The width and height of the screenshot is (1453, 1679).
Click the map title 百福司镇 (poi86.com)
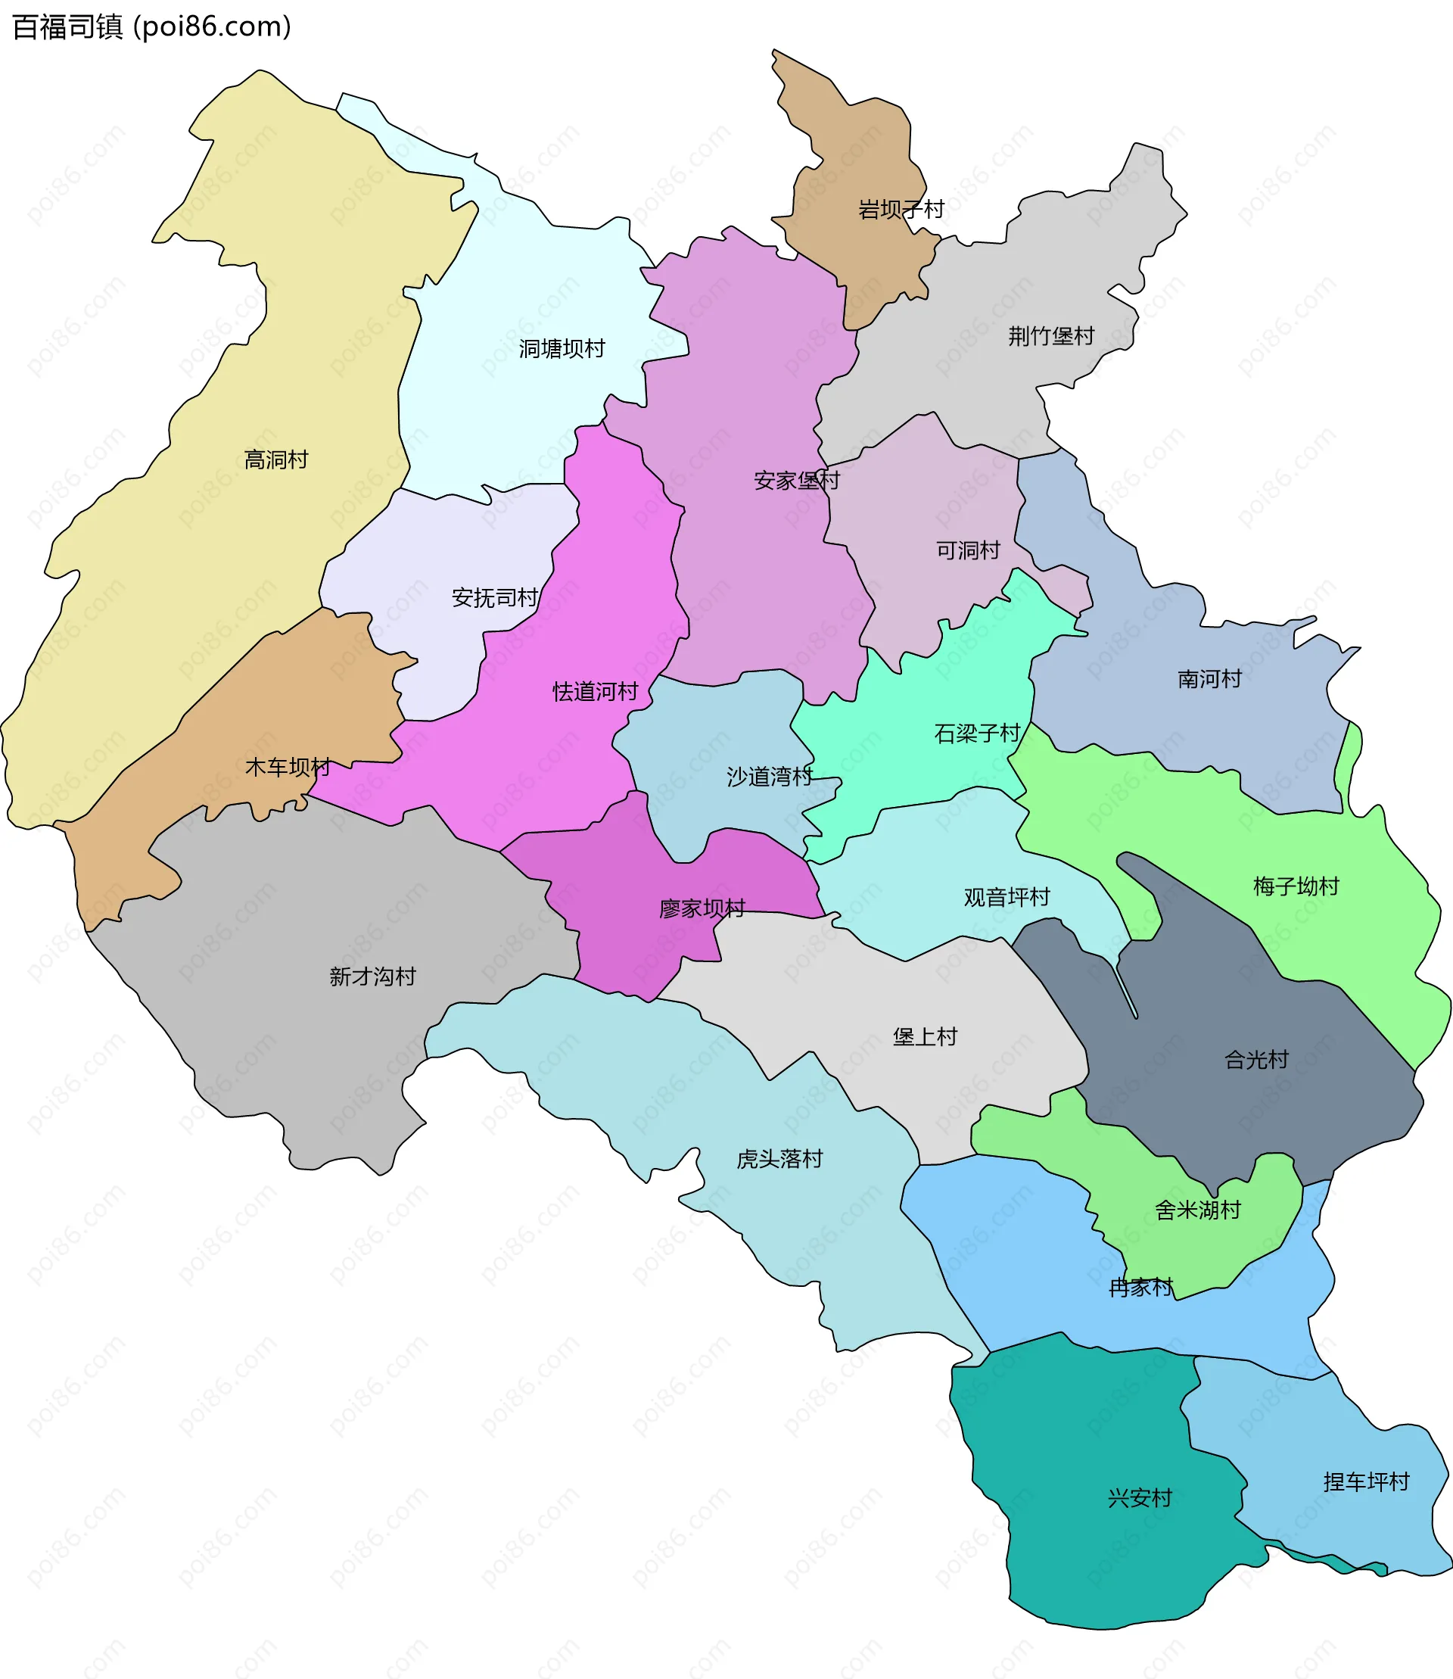(x=151, y=26)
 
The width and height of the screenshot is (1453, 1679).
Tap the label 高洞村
(x=275, y=460)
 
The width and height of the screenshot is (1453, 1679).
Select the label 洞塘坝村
(x=562, y=349)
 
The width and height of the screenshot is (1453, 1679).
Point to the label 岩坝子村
(x=901, y=209)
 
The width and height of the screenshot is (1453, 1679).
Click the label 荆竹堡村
(x=1051, y=336)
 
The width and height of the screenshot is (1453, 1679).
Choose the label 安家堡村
(x=796, y=481)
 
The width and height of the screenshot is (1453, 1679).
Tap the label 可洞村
(x=968, y=551)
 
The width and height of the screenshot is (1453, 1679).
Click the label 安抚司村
(x=495, y=598)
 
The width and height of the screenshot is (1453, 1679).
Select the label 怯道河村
(x=595, y=692)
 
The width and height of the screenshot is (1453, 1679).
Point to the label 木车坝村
(x=288, y=767)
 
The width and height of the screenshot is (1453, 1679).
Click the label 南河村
(x=1209, y=679)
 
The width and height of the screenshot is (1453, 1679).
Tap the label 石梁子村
(x=977, y=734)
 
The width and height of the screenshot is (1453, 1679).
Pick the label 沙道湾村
(x=770, y=777)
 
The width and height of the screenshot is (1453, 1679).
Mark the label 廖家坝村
(x=702, y=908)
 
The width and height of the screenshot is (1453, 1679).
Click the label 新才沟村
(x=372, y=977)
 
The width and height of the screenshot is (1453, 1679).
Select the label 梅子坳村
(x=1296, y=886)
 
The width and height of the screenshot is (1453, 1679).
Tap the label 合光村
(x=1256, y=1059)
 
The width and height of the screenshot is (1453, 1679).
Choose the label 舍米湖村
(x=1197, y=1210)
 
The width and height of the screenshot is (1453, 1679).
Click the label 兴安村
(x=1140, y=1498)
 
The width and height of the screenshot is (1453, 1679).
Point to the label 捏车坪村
(x=1366, y=1482)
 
